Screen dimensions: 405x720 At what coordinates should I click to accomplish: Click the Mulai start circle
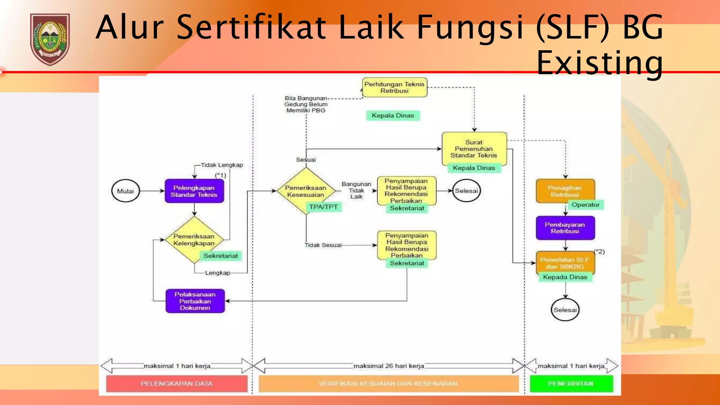tap(126, 191)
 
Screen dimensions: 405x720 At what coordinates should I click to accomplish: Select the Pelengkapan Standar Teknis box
tap(194, 191)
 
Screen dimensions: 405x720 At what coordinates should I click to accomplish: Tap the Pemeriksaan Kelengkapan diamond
tap(194, 239)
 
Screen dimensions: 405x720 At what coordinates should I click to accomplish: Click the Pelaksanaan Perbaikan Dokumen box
tap(195, 301)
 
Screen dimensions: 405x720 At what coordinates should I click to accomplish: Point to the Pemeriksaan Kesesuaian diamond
tap(306, 191)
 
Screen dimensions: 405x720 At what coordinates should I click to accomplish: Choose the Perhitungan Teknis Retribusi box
tap(394, 88)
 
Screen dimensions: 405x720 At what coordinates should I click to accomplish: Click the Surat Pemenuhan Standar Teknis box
tap(474, 148)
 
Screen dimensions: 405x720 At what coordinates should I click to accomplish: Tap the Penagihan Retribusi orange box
tap(565, 191)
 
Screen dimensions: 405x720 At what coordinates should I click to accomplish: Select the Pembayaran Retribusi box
tap(565, 228)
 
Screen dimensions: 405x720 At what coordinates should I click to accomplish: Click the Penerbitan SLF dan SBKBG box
tap(565, 263)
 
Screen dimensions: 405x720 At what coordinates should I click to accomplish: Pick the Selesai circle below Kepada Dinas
tap(565, 310)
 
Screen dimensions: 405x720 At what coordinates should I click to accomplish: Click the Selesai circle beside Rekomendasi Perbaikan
tap(466, 191)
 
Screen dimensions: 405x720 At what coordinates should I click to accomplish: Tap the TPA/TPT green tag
tap(323, 207)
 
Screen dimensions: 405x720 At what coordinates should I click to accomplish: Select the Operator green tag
tap(585, 205)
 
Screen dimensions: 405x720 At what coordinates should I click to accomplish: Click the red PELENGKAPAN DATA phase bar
tap(177, 384)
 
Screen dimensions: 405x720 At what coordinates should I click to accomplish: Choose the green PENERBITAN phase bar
tap(571, 384)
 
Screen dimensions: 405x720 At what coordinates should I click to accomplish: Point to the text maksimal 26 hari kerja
tap(388, 366)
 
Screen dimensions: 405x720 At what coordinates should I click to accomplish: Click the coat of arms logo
tap(50, 39)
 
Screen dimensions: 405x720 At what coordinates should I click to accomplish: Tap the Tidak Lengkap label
tap(222, 165)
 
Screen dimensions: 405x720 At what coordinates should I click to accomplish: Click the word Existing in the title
tap(599, 63)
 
